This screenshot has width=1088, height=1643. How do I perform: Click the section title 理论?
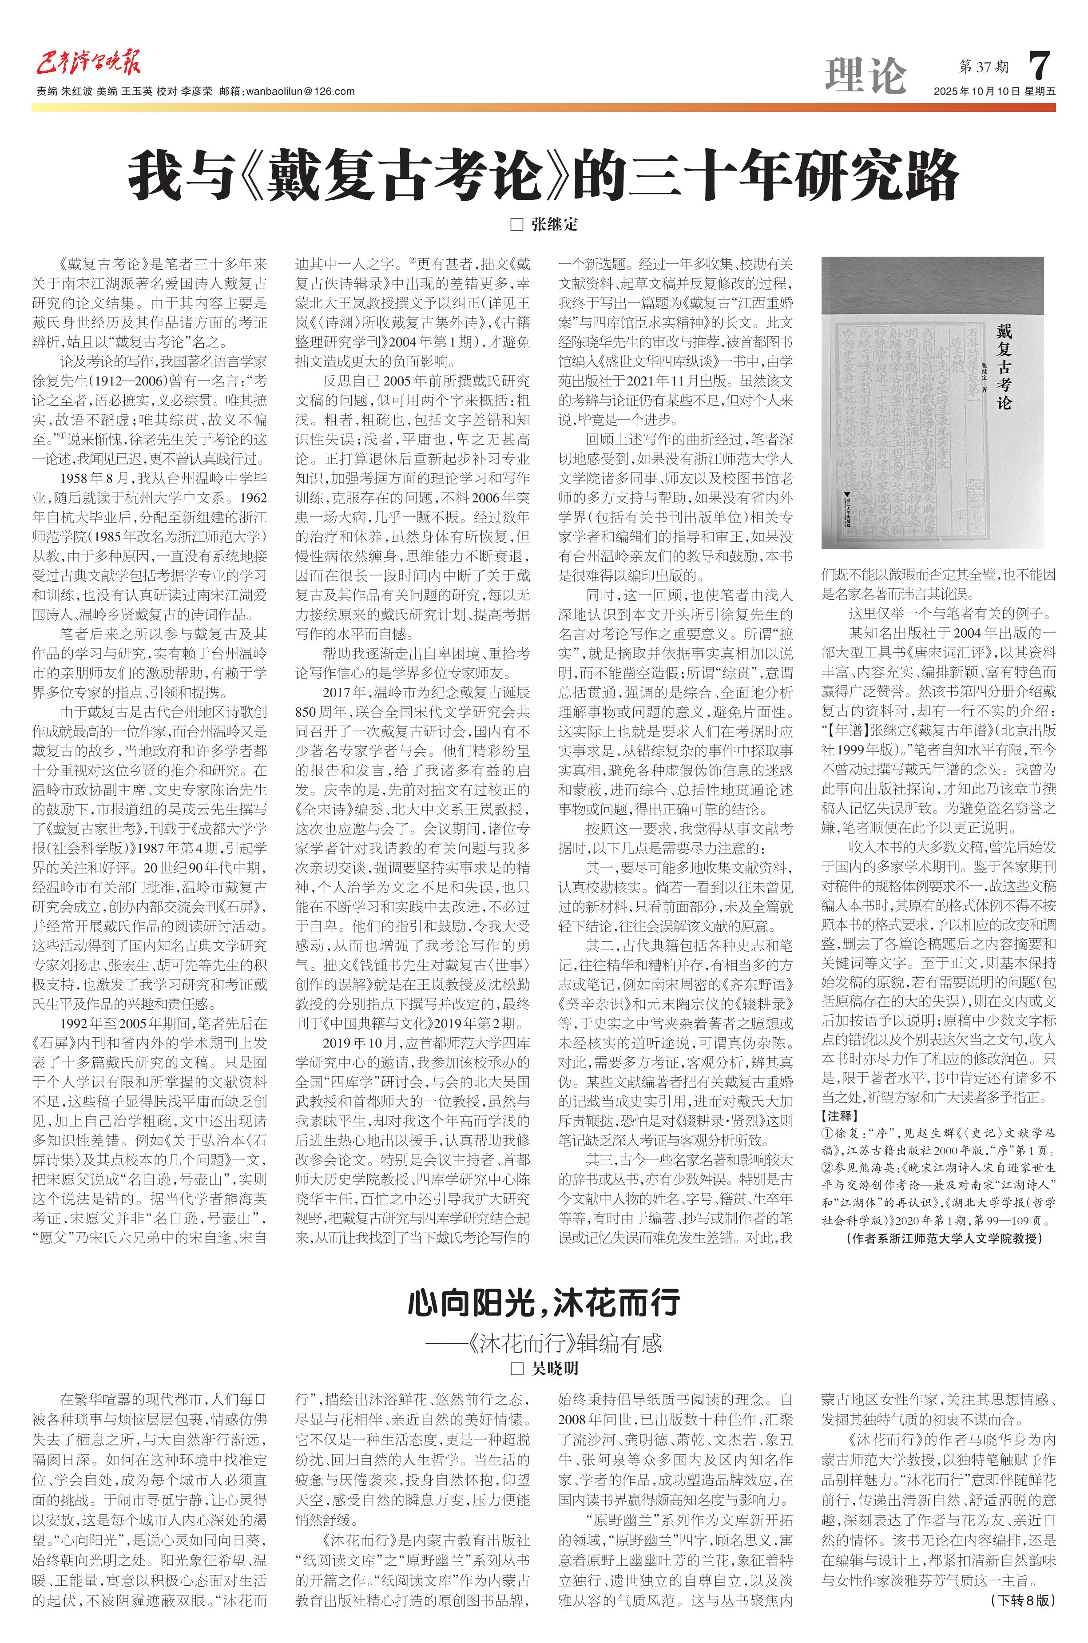click(x=865, y=75)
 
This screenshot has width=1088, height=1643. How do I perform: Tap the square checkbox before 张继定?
click(x=516, y=224)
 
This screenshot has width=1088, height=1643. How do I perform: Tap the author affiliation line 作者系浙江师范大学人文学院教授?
click(x=945, y=1238)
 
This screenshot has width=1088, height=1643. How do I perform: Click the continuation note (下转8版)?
click(x=1022, y=1620)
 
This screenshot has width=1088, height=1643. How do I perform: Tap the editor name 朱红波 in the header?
click(x=77, y=91)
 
